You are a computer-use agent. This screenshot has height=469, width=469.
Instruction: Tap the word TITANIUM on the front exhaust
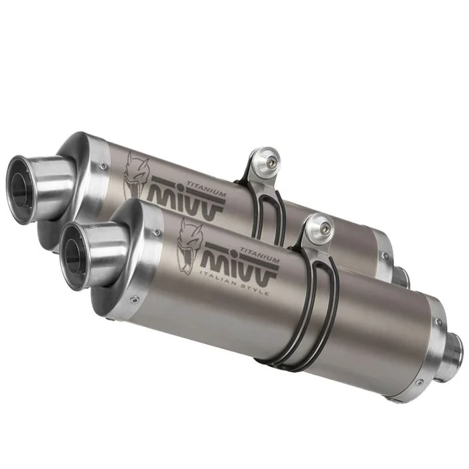click(259, 255)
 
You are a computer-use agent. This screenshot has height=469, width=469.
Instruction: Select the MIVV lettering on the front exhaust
click(241, 265)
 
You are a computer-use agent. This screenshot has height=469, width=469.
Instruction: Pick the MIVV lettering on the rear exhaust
click(186, 200)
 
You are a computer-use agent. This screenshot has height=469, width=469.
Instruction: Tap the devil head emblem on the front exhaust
click(190, 246)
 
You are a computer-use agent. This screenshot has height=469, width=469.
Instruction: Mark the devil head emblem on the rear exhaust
click(136, 180)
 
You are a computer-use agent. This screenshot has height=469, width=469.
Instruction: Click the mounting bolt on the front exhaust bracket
click(324, 228)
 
